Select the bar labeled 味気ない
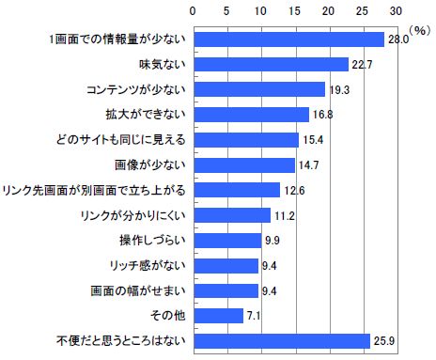271,64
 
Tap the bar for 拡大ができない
250,115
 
